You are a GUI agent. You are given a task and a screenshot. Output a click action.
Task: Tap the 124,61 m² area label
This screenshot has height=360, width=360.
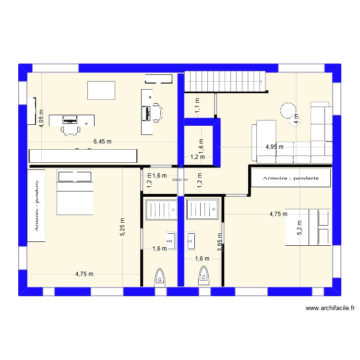[180, 180]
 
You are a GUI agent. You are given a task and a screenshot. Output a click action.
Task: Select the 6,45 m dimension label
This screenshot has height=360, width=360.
[102, 142]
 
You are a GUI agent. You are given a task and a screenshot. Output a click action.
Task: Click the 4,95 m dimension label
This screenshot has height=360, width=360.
[275, 147]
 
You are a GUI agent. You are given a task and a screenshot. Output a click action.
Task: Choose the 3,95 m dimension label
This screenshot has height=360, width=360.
[219, 242]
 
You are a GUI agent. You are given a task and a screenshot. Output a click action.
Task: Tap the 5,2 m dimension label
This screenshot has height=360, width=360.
[300, 227]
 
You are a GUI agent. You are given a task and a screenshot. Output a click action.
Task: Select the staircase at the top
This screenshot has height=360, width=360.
[225, 81]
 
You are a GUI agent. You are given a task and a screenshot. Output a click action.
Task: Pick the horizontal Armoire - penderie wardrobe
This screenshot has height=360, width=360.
[290, 178]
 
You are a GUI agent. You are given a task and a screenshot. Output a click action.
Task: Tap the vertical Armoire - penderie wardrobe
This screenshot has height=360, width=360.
[37, 204]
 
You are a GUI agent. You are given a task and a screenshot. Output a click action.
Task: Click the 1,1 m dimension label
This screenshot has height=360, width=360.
[197, 105]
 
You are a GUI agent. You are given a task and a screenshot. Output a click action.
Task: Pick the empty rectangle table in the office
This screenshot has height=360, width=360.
[101, 90]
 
